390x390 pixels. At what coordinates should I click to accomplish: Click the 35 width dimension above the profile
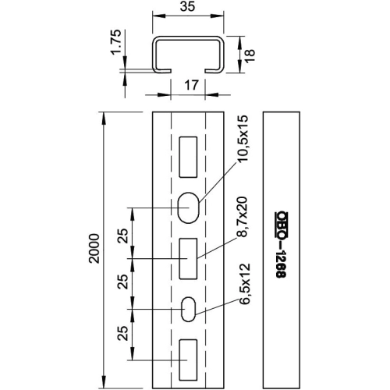pos(187,6)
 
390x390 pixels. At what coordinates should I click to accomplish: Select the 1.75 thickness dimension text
pos(116,42)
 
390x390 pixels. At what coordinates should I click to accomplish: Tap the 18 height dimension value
pos(250,55)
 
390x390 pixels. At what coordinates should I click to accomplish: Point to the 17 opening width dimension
pos(191,85)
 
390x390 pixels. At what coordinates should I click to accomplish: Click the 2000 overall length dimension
pos(94,249)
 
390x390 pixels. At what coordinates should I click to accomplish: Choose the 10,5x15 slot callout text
pos(243,139)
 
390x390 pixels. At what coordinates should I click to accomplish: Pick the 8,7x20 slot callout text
pos(242,217)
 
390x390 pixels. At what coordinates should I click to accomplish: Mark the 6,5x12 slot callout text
pos(244,284)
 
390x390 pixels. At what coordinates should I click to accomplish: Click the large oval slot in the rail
pos(188,207)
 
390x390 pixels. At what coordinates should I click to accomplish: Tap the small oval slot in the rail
pos(188,309)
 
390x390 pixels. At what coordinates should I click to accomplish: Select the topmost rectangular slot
pos(188,157)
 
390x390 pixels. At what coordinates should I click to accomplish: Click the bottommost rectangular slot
pos(188,360)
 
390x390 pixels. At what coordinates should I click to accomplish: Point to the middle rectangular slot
pos(188,259)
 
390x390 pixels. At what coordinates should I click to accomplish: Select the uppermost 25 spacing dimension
pos(123,236)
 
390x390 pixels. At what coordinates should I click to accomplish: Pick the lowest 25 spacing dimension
pos(123,333)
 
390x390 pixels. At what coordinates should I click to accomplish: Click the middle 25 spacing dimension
pos(123,282)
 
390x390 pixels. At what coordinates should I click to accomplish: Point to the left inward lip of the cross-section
pos(163,71)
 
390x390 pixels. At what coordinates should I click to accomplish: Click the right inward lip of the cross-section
pos(213,71)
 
